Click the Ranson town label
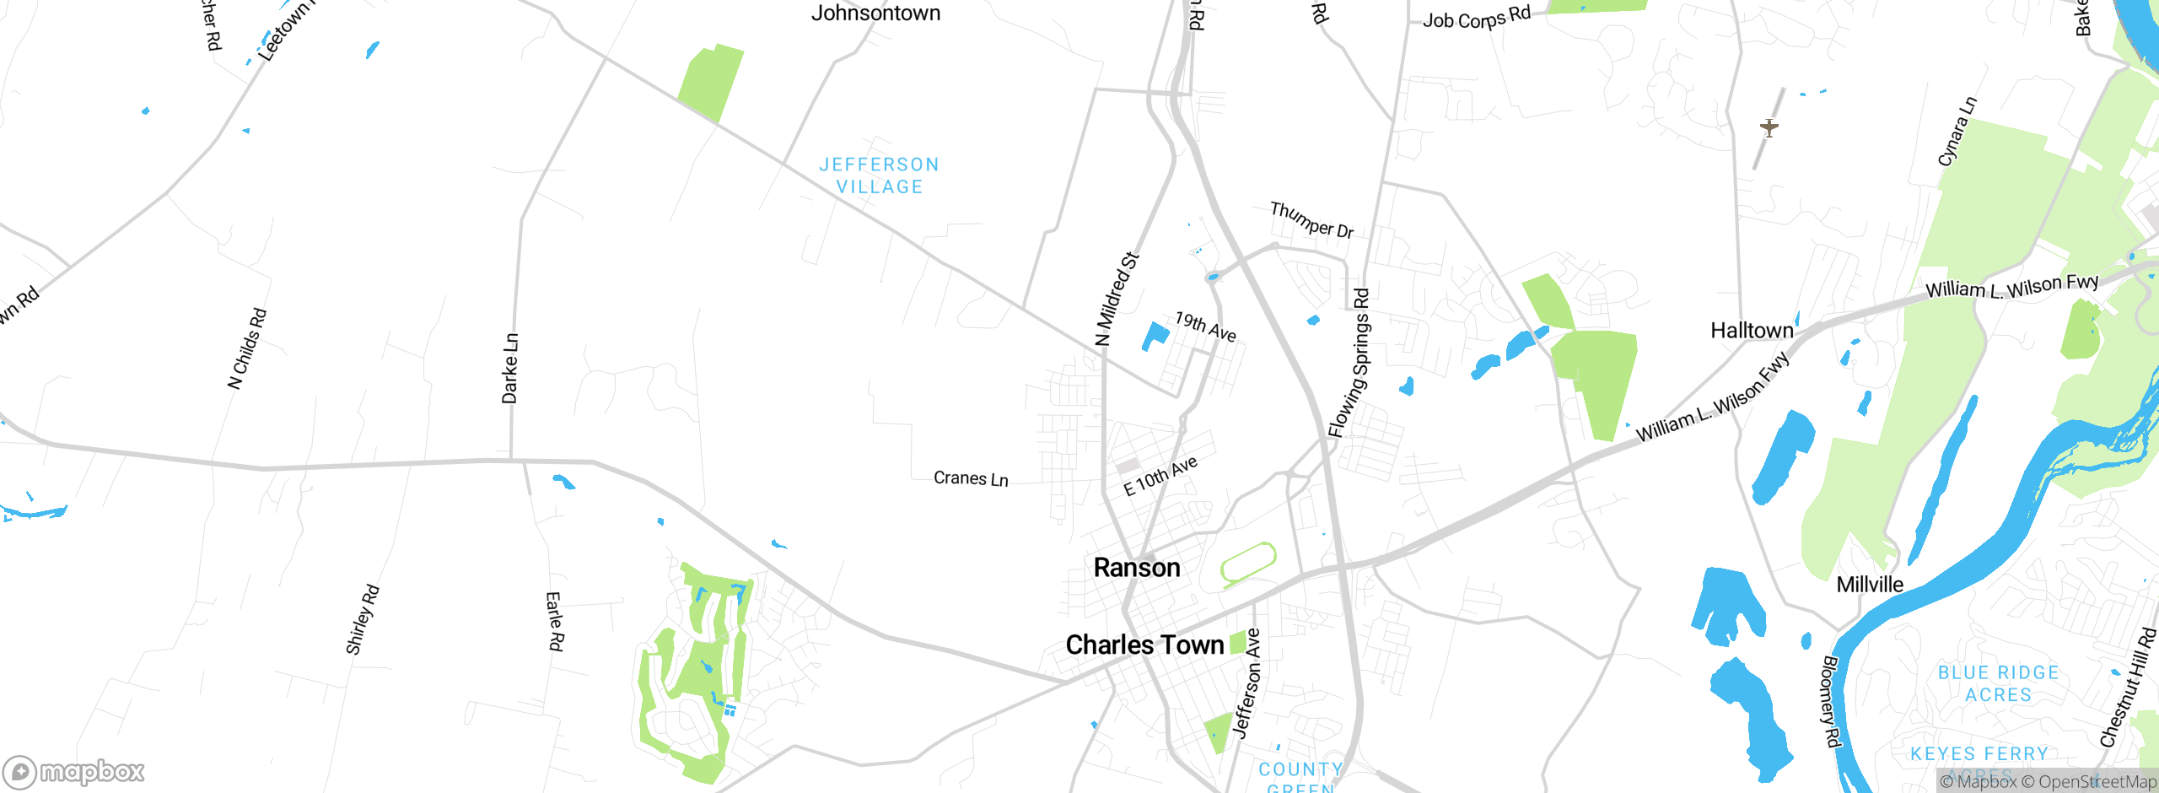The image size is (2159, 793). tap(1136, 568)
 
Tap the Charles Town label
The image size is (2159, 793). tap(1144, 645)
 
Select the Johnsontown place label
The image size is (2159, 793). tap(875, 13)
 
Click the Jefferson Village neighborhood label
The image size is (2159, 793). tap(879, 175)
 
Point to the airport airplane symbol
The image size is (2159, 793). tap(1769, 128)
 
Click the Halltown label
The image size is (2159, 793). tap(1752, 331)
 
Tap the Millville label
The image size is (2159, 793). tap(1870, 585)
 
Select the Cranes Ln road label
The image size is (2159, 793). tap(971, 478)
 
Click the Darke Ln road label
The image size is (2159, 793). tap(510, 369)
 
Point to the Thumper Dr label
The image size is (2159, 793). tap(1311, 220)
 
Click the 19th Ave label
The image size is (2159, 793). tap(1205, 326)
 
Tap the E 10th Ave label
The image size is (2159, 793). tap(1160, 477)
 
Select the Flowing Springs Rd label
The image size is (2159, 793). tap(1349, 363)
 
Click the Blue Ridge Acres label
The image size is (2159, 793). tap(1998, 683)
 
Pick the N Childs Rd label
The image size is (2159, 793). tap(247, 348)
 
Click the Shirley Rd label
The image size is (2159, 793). tap(363, 619)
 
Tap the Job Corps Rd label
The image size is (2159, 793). tap(1476, 17)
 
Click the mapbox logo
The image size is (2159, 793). tap(74, 772)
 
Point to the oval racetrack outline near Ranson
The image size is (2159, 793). tap(1248, 564)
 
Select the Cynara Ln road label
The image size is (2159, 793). tap(1957, 132)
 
